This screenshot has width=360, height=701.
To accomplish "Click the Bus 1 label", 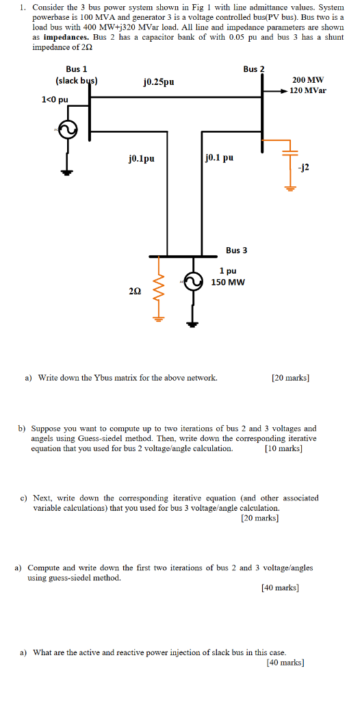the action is (76, 69).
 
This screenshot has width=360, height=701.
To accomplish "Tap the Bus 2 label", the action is (253, 69).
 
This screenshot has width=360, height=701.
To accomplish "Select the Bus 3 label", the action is (237, 250).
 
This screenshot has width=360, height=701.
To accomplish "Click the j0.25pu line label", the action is (159, 81).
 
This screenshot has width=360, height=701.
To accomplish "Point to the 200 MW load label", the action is (307, 80).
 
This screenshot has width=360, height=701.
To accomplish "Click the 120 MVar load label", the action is (308, 90).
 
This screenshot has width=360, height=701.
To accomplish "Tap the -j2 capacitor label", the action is (304, 166).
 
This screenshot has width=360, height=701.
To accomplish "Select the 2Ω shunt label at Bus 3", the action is (135, 291).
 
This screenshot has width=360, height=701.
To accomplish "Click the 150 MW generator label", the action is (228, 282).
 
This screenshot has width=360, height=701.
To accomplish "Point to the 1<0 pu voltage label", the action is (55, 100).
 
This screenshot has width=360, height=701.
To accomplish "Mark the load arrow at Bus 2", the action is (278, 90).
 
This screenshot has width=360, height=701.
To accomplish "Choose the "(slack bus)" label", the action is (76, 81).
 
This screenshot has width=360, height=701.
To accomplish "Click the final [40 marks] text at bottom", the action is (285, 663).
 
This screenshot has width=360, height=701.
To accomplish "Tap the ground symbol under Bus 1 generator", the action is (66, 172).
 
